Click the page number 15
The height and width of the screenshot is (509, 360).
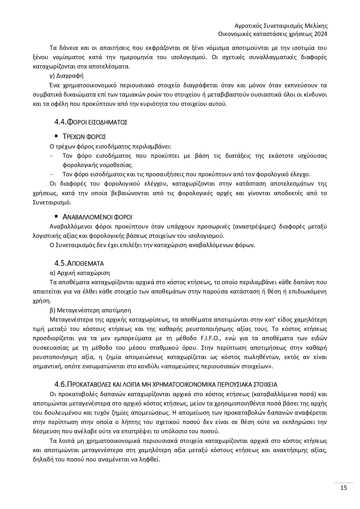click(343, 488)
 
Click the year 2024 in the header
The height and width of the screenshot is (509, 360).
click(321, 34)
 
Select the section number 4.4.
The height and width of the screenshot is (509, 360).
click(61, 122)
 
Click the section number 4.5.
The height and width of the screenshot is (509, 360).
click(61, 263)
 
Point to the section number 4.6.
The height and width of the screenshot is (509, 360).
click(61, 385)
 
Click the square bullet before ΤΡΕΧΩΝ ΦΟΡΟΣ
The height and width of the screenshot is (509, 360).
click(56, 136)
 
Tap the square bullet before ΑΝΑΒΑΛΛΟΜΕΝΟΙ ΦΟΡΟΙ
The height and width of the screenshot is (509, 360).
click(56, 216)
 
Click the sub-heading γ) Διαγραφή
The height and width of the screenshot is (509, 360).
click(67, 76)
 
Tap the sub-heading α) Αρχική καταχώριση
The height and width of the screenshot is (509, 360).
click(80, 273)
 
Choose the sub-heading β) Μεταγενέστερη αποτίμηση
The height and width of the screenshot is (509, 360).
click(91, 310)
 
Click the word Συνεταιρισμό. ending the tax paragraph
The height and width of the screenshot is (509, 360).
click(52, 202)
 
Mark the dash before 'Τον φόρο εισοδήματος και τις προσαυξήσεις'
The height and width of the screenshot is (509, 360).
click(52, 175)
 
